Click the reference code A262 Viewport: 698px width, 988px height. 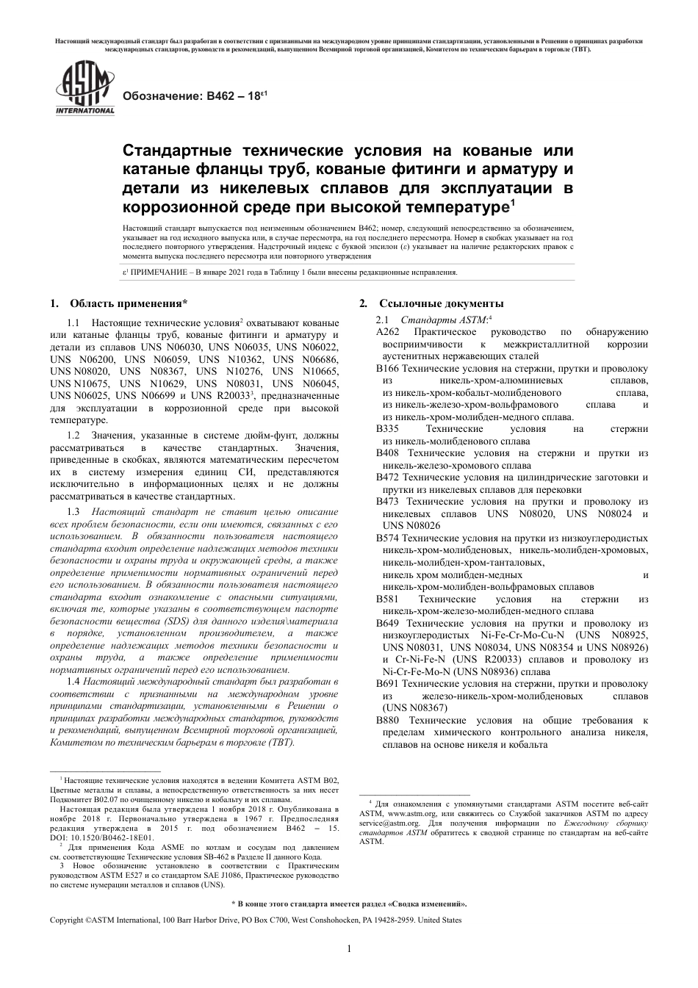[387, 332]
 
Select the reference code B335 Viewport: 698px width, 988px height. [387, 429]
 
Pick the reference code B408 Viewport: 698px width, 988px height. [387, 454]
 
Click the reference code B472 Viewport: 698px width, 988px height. [387, 477]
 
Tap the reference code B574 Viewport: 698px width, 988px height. [387, 538]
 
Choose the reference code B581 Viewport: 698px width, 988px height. [387, 599]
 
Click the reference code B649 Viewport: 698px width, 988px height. [387, 624]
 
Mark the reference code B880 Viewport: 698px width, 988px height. [387, 721]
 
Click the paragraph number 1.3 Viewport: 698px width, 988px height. [73, 512]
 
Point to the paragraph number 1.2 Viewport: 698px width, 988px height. [73, 436]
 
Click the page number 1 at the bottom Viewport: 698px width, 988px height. [349, 949]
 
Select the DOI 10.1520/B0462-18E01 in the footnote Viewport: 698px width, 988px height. [112, 837]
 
